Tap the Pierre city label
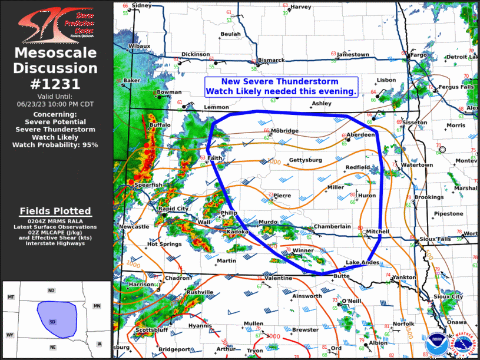coord(283,196)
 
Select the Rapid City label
coord(173,209)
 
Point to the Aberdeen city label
coord(360,135)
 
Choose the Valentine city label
coord(278,278)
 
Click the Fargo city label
coord(418,55)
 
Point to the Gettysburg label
coord(305,160)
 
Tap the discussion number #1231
coord(56,84)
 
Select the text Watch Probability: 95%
coord(56,144)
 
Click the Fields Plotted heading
coord(55,211)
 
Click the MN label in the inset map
coord(97,306)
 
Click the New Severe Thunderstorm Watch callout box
coord(281,87)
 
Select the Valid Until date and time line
coord(56,103)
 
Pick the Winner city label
coord(303,250)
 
